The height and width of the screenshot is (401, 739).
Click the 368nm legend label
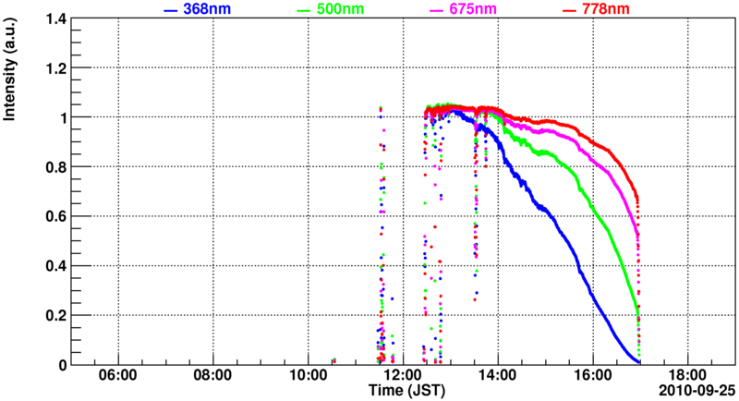tap(208, 9)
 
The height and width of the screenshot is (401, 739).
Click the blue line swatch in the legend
tap(170, 10)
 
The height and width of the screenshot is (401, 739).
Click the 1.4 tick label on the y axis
tap(54, 18)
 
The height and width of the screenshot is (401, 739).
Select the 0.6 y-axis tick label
tap(54, 216)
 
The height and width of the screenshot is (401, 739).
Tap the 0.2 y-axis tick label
tap(54, 315)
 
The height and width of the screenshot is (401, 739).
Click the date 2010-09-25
tap(695, 391)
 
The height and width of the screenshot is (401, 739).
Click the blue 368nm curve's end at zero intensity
tap(639, 360)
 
